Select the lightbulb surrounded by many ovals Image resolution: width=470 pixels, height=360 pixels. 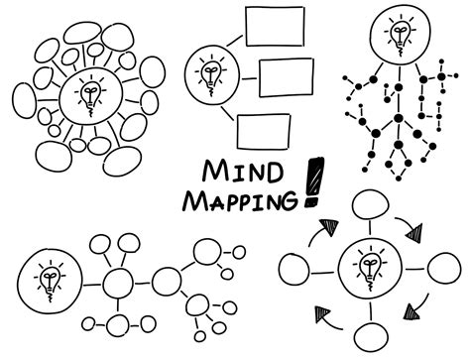[88, 96]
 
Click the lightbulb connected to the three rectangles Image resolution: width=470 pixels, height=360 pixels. [209, 73]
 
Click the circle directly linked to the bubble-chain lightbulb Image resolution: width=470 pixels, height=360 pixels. [118, 282]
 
